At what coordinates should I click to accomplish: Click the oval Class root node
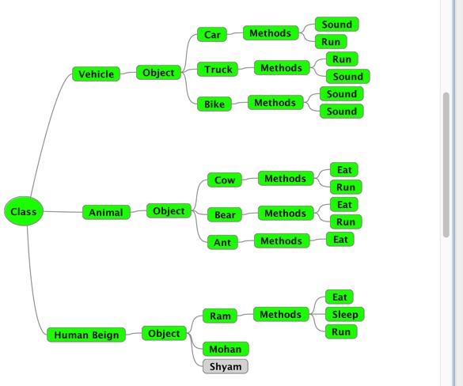[x=24, y=212]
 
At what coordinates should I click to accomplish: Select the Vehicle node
[x=97, y=74]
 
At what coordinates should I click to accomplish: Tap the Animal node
[x=106, y=212]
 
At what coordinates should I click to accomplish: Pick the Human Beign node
[x=86, y=335]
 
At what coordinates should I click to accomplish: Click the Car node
[x=212, y=35]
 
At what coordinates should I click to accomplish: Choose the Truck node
[x=218, y=70]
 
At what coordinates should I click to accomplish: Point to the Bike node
[x=214, y=104]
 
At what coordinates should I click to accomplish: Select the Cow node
[x=225, y=180]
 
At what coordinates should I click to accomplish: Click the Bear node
[x=225, y=214]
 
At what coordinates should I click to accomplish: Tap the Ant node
[x=222, y=242]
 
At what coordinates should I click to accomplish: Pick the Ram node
[x=219, y=316]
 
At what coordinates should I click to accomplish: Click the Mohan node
[x=226, y=349]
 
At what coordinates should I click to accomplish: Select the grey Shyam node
[x=226, y=366]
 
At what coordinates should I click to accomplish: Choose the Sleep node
[x=344, y=315]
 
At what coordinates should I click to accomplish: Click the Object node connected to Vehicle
[x=158, y=73]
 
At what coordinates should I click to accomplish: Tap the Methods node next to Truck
[x=281, y=68]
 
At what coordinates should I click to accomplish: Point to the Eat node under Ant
[x=340, y=239]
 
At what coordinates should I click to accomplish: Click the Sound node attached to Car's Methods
[x=336, y=25]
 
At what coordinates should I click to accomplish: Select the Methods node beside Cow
[x=285, y=179]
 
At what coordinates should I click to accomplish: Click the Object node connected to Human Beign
[x=164, y=333]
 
